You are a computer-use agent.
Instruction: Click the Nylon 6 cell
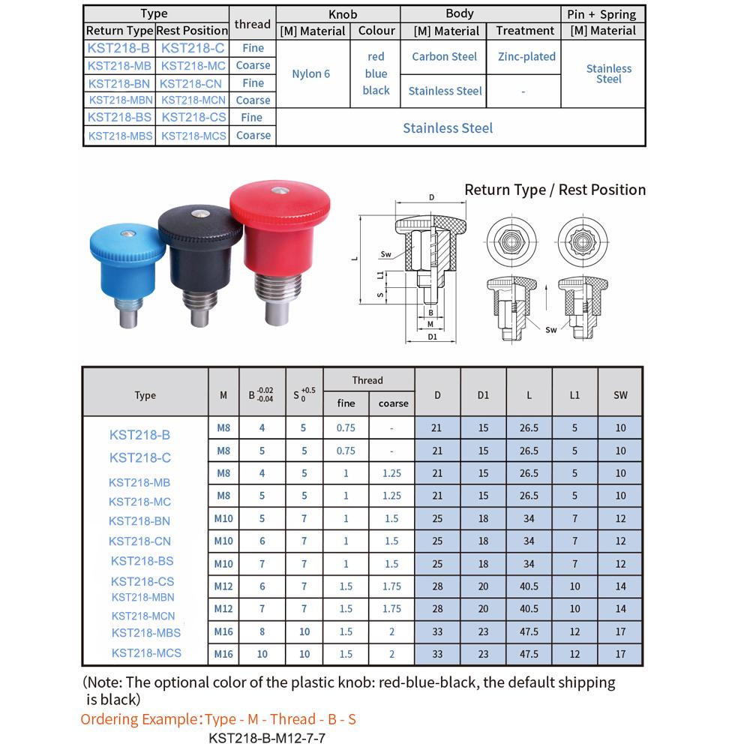[x=311, y=73]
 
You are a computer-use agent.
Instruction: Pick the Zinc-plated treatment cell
[x=526, y=56]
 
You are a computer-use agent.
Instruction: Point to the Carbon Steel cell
[x=444, y=56]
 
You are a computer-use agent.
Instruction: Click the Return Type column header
[x=119, y=31]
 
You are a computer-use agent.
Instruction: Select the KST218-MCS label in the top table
[x=193, y=136]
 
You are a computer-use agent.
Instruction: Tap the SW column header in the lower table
[x=620, y=395]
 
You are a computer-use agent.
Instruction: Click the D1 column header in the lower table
[x=483, y=395]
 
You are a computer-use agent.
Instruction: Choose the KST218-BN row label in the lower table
[x=139, y=521]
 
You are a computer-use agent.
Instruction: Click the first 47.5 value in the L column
[x=529, y=631]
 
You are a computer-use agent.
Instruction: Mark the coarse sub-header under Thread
[x=393, y=403]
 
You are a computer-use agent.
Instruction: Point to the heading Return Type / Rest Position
[x=555, y=190]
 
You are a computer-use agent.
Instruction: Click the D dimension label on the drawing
[x=431, y=197]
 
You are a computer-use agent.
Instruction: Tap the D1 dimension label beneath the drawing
[x=432, y=336]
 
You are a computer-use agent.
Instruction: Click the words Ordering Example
[x=139, y=719]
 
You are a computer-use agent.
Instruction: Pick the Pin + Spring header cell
[x=603, y=13]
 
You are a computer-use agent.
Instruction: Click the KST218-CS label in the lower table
[x=142, y=581]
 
